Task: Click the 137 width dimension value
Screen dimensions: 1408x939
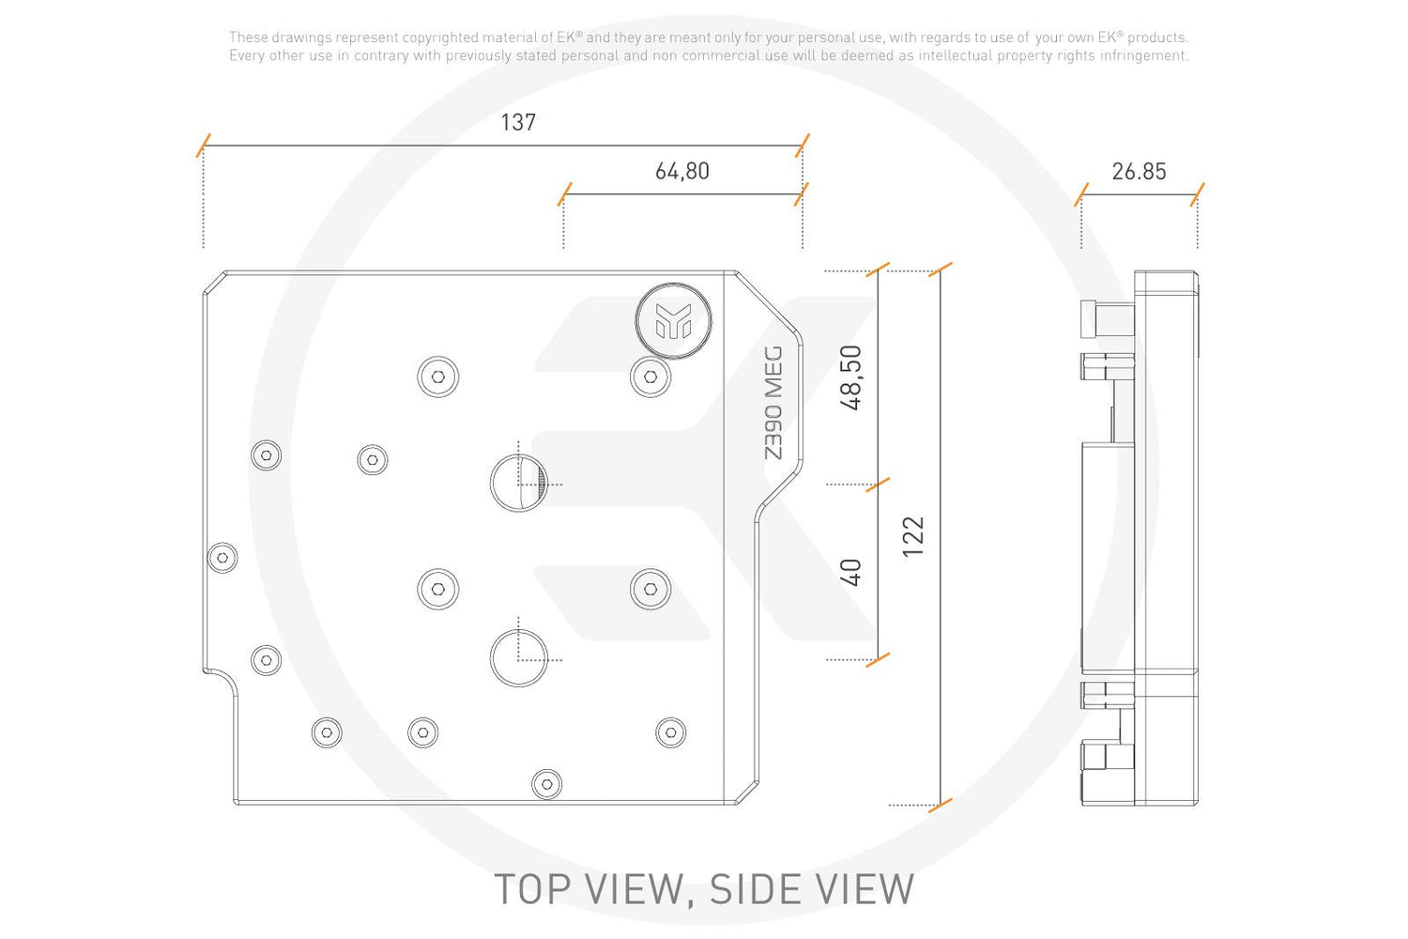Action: [518, 122]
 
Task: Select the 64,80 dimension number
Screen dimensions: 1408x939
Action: [682, 171]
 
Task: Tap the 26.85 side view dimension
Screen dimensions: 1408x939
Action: [1139, 171]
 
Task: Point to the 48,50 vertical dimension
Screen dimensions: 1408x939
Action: [850, 378]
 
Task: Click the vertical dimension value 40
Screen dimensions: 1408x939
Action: [850, 573]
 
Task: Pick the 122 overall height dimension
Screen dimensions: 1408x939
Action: [912, 536]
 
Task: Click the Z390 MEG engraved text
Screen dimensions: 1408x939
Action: [773, 403]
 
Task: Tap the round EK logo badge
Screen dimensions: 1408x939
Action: [673, 321]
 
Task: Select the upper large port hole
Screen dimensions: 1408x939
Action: [518, 483]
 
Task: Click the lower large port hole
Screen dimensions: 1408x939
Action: [518, 658]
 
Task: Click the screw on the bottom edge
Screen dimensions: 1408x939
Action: [547, 784]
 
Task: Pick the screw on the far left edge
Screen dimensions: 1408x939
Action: [222, 557]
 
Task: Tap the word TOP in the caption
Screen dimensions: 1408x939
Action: [534, 889]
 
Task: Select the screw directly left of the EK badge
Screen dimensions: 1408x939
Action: [438, 377]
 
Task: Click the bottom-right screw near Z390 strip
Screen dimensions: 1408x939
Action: [671, 732]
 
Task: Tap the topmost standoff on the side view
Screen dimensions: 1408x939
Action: [1107, 319]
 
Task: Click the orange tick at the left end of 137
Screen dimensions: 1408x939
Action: [203, 146]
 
